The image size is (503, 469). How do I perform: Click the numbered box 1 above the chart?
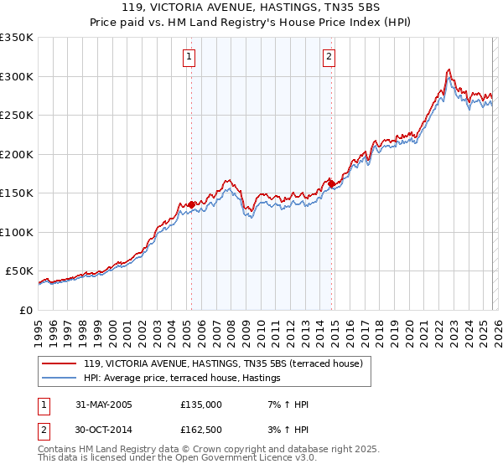[x=189, y=57]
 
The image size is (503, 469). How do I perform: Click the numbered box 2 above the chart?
[x=329, y=57]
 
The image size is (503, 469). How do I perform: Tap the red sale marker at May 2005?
[x=191, y=204]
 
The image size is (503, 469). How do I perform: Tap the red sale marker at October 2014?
[x=331, y=183]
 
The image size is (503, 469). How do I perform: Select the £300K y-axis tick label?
[x=17, y=76]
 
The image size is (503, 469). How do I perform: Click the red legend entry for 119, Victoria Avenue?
[x=222, y=363]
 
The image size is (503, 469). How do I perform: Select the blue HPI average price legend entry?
[x=181, y=379]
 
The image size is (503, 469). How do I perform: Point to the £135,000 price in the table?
[x=200, y=405]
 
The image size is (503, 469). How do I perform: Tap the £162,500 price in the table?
[x=200, y=431]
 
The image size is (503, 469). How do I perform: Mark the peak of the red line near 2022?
[x=450, y=70]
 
